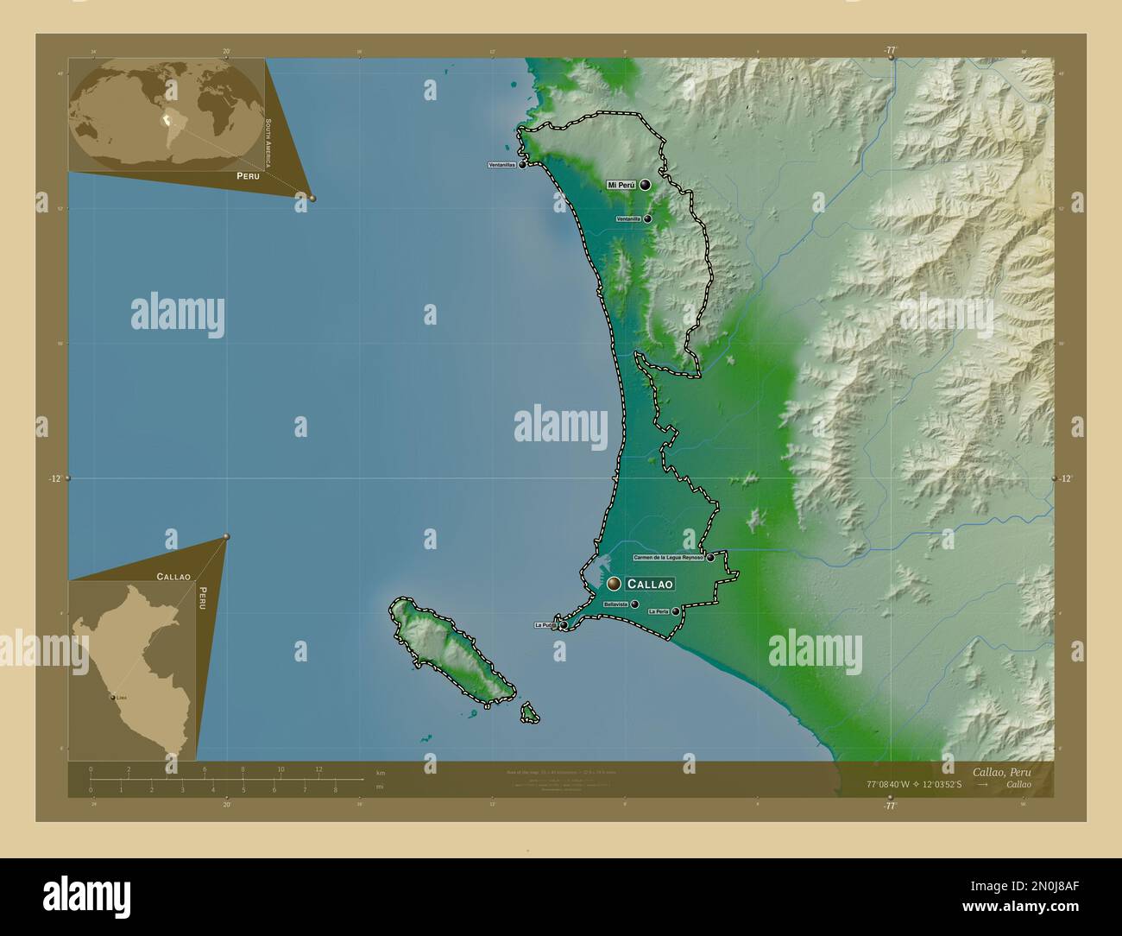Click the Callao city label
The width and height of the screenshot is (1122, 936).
point(650,585)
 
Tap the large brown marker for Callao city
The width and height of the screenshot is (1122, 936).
point(614,585)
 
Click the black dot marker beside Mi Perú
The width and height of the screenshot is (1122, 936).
point(645,185)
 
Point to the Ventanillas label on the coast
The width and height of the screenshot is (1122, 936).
point(501,164)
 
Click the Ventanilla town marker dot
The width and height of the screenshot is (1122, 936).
point(647,219)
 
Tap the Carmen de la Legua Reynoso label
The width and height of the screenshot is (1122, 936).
point(668,558)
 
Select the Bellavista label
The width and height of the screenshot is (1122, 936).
point(616,604)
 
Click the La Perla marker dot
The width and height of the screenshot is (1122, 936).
point(675,611)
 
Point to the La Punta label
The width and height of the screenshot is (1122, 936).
point(545,624)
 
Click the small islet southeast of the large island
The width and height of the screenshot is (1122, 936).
point(529,713)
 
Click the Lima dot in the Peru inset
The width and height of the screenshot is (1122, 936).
point(113,697)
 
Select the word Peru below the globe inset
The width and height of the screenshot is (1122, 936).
point(242,175)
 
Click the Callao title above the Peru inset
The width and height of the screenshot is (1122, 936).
point(173,576)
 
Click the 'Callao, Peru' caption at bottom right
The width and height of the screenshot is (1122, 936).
point(1000,771)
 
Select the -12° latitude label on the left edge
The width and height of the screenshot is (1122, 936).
point(54,478)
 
